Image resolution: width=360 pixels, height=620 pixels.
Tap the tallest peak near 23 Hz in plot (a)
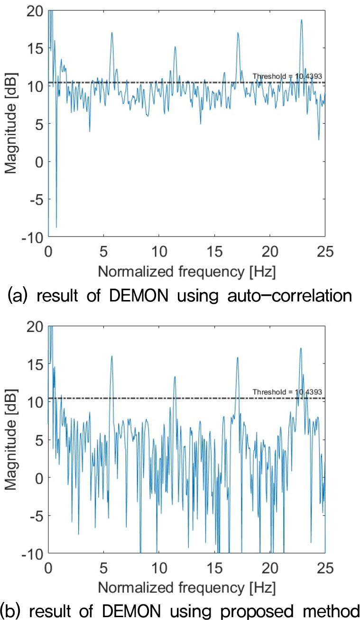(x=301, y=20)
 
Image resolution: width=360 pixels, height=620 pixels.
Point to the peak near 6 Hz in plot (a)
(x=112, y=33)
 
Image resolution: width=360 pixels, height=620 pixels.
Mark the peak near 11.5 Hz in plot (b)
(x=175, y=377)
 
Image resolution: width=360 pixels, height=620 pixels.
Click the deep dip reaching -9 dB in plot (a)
(x=56, y=227)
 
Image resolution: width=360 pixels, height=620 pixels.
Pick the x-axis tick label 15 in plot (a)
(x=214, y=250)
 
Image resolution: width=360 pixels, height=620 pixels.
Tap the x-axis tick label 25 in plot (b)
(x=324, y=566)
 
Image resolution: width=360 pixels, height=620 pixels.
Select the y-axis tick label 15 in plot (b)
(x=37, y=364)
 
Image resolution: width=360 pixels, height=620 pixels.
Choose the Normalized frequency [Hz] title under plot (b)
(x=187, y=587)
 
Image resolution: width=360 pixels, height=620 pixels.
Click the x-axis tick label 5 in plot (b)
(x=103, y=566)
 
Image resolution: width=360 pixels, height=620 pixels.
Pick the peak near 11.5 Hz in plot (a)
(x=175, y=46)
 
